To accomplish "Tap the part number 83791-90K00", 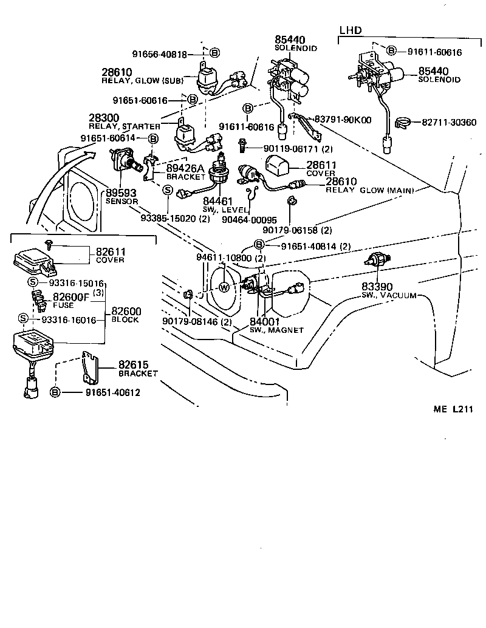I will click(x=343, y=120).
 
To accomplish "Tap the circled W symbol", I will click(x=224, y=287).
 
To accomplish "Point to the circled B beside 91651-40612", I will click(x=55, y=392).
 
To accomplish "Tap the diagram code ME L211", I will click(x=453, y=409).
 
